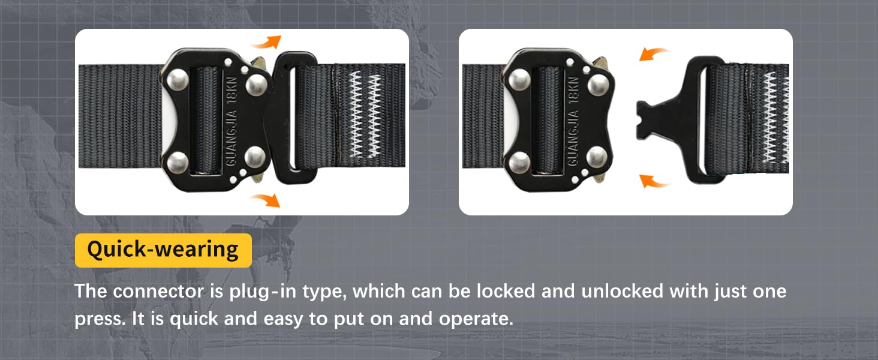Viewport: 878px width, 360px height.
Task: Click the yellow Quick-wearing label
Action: click(x=163, y=250)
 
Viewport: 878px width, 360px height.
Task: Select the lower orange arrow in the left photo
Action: click(x=266, y=200)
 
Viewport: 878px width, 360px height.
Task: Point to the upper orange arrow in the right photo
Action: click(x=653, y=54)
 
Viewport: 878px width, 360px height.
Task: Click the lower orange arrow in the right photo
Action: click(x=654, y=181)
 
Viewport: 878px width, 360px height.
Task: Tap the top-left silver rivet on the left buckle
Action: click(x=178, y=79)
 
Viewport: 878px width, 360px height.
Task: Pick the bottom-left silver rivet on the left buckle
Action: click(x=178, y=163)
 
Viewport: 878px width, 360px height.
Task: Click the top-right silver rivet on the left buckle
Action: click(x=257, y=85)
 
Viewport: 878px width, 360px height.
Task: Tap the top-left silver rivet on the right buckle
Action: click(x=520, y=79)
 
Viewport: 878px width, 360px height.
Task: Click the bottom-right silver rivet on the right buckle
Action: click(x=597, y=157)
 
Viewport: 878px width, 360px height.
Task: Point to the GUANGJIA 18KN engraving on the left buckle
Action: click(x=232, y=121)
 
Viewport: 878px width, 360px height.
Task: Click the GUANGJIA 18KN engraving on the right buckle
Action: click(x=573, y=121)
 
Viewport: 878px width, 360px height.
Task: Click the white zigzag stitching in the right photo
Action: click(x=775, y=118)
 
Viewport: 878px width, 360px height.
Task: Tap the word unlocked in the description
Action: click(x=623, y=292)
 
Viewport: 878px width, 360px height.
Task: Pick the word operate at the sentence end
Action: click(x=476, y=319)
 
